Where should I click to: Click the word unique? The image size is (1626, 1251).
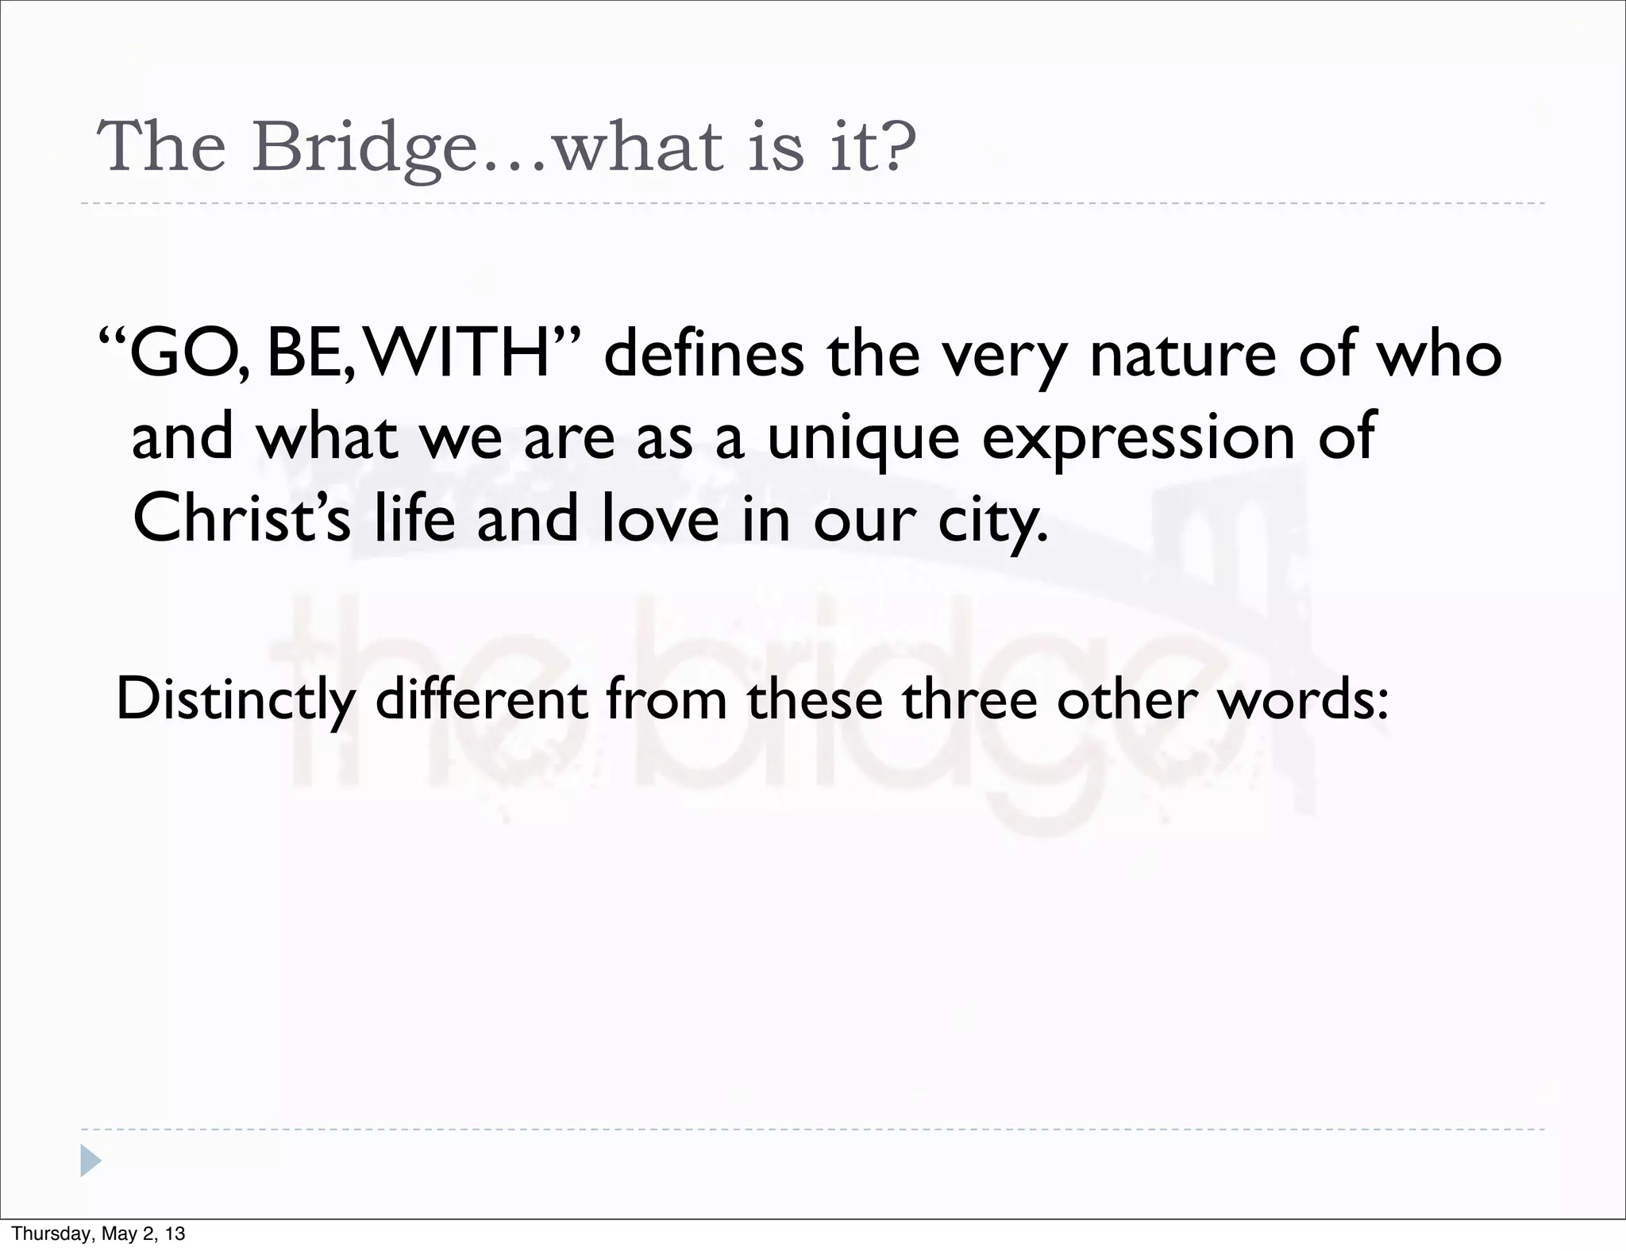[863, 439]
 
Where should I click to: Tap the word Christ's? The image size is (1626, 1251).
[241, 519]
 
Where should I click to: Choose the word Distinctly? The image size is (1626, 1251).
[236, 700]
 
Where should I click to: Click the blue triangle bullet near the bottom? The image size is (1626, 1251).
[91, 1161]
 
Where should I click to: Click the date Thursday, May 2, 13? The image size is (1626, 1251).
[98, 1234]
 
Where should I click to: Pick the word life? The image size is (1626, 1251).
[414, 519]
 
